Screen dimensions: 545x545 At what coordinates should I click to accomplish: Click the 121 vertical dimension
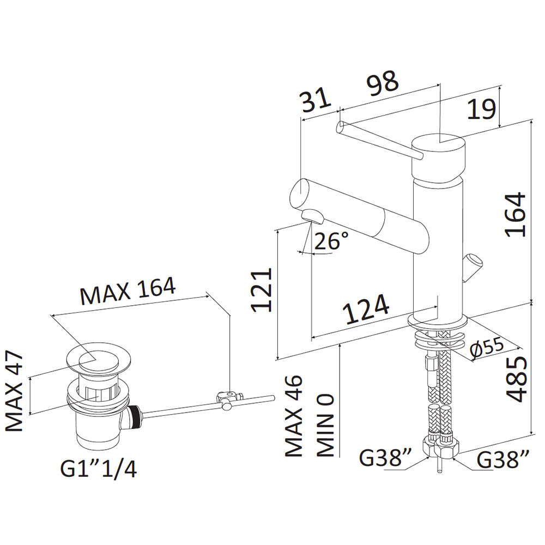tap(262, 289)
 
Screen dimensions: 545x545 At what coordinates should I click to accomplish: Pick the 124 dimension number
tap(365, 309)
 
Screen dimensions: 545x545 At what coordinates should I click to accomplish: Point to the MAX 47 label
tap(15, 391)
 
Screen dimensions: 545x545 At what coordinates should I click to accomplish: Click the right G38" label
tap(503, 459)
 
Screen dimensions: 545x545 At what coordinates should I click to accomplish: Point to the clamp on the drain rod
tap(228, 399)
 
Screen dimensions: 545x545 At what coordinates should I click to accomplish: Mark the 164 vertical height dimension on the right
tap(514, 214)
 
